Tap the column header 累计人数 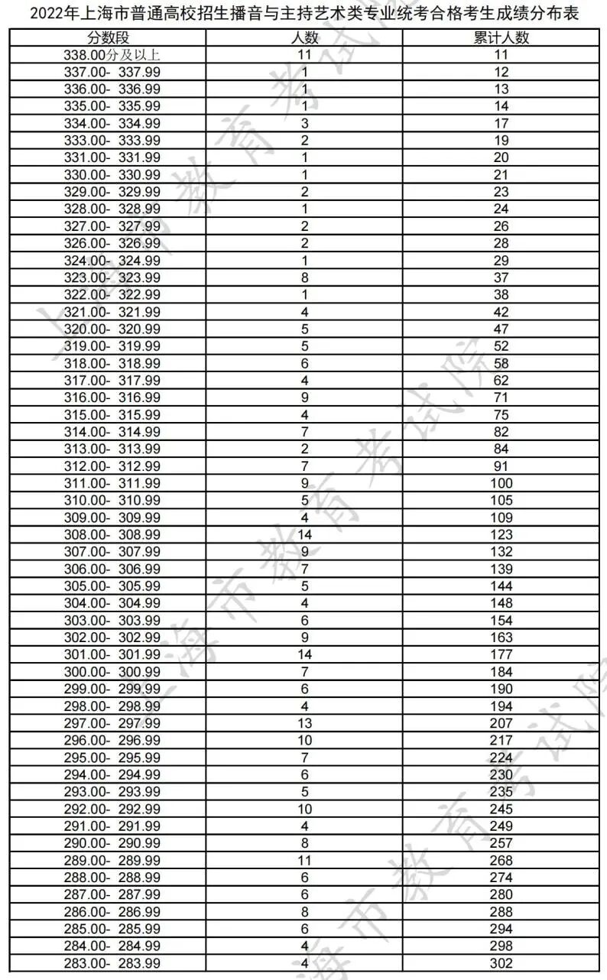pyautogui.click(x=502, y=38)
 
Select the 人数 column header pyautogui.click(x=306, y=38)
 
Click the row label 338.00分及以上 pyautogui.click(x=112, y=55)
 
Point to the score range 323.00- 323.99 pyautogui.click(x=112, y=277)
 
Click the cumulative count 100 pyautogui.click(x=502, y=483)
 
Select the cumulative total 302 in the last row pyautogui.click(x=502, y=963)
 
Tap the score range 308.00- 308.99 pyautogui.click(x=112, y=534)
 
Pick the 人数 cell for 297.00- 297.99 pyautogui.click(x=306, y=723)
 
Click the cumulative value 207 pyautogui.click(x=502, y=723)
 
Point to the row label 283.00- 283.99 pyautogui.click(x=112, y=963)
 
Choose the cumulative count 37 pyautogui.click(x=502, y=277)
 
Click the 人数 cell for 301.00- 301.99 pyautogui.click(x=306, y=654)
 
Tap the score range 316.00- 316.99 pyautogui.click(x=112, y=398)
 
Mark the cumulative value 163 pyautogui.click(x=502, y=638)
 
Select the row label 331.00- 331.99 pyautogui.click(x=112, y=157)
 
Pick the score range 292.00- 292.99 pyautogui.click(x=112, y=809)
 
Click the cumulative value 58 pyautogui.click(x=502, y=363)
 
